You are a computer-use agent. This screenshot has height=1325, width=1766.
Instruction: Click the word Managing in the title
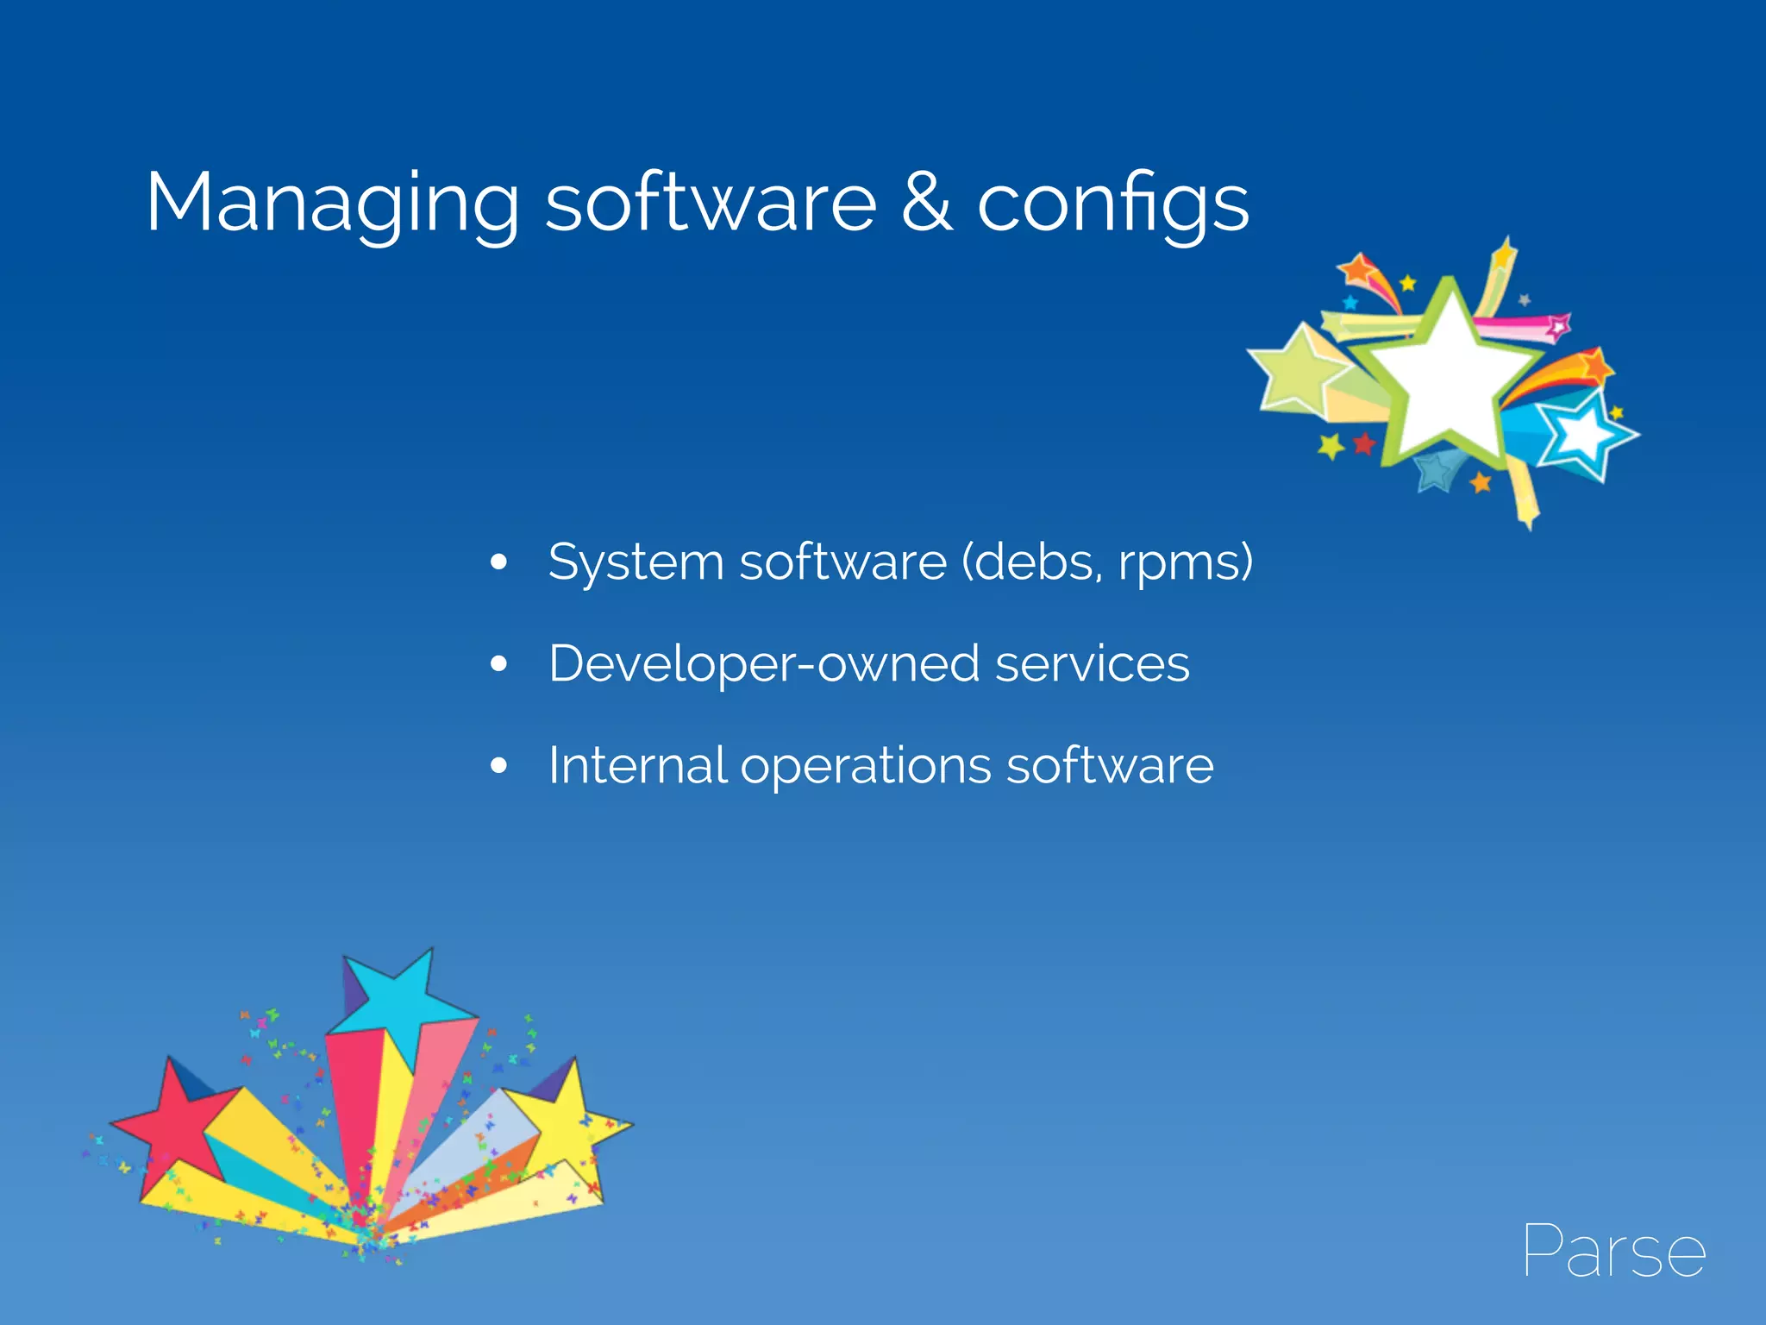pos(332,204)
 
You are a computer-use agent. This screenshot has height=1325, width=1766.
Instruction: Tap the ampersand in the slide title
pos(927,204)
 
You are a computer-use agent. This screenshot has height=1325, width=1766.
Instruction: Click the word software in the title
pos(711,204)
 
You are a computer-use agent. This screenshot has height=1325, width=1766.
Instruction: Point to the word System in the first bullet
pos(636,563)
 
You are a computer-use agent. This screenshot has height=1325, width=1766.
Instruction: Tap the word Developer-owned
pos(764,664)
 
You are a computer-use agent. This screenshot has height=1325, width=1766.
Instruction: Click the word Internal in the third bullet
pos(637,765)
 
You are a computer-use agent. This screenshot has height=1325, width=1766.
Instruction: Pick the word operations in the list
pos(866,767)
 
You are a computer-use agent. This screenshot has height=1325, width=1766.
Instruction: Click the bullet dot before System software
pos(498,563)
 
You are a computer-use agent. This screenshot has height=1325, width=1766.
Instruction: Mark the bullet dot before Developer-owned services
pos(498,664)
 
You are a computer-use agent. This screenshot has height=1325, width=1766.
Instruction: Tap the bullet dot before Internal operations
pos(498,765)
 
